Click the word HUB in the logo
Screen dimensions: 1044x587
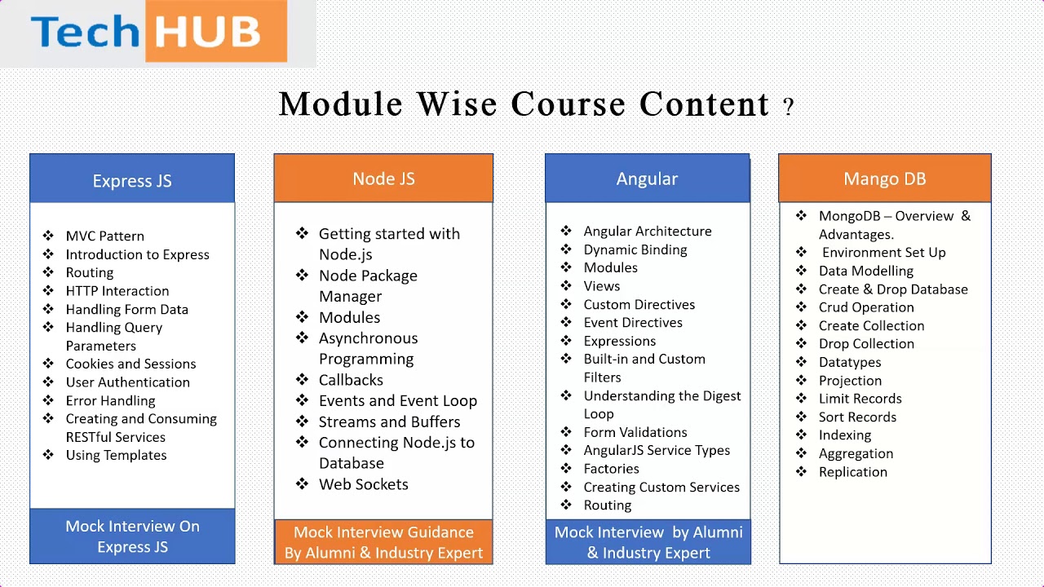click(207, 32)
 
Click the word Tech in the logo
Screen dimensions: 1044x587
click(86, 31)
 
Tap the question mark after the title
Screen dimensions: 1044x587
click(788, 107)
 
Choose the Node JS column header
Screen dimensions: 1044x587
click(383, 178)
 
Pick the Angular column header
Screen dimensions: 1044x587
click(648, 178)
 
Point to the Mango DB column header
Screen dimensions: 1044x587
click(885, 178)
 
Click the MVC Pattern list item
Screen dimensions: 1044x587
click(105, 236)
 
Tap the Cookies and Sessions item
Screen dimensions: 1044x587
click(131, 364)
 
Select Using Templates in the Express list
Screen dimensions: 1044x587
click(116, 455)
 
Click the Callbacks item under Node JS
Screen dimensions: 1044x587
click(351, 380)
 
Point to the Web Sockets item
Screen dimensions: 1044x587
click(364, 484)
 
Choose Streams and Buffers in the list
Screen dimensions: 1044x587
click(390, 421)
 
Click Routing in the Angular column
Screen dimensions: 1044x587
click(608, 505)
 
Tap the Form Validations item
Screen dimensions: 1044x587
click(635, 432)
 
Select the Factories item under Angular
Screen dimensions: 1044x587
click(611, 469)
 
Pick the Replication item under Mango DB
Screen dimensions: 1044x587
click(853, 472)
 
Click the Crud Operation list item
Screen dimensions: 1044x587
click(866, 307)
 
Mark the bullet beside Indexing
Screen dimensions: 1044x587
click(801, 435)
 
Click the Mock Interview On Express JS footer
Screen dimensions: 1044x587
click(132, 536)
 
